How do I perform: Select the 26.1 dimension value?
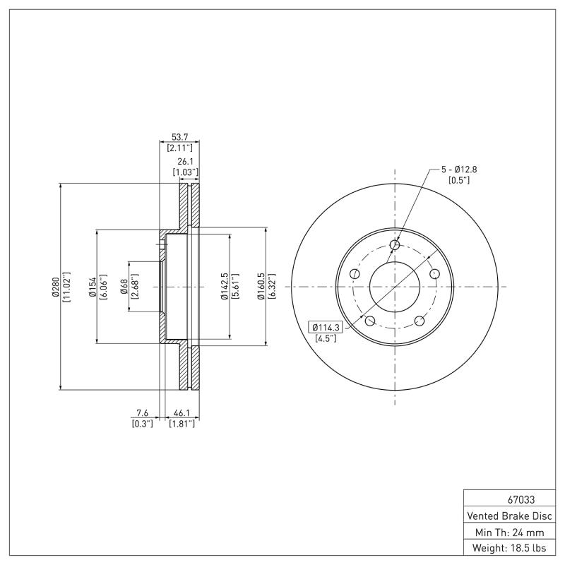pos(186,160)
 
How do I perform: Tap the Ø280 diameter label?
pos(55,287)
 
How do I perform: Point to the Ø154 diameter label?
pos(92,287)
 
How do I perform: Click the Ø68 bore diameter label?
pos(124,287)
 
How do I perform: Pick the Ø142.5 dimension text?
pos(223,287)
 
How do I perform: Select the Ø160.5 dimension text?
pos(261,287)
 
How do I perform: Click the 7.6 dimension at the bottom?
pos(142,412)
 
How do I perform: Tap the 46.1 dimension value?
pos(182,412)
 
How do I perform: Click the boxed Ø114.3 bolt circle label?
pos(326,327)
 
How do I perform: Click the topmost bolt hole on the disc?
pos(395,245)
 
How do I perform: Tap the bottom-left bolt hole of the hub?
pos(369,321)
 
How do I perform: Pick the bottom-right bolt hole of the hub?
pos(420,321)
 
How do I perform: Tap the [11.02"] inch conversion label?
pos(66,287)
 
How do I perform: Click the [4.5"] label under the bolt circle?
pos(326,338)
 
